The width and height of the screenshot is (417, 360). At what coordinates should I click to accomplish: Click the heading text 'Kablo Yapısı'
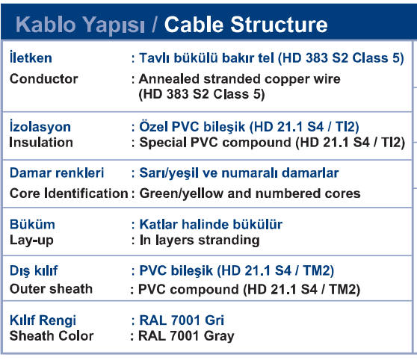pos(80,25)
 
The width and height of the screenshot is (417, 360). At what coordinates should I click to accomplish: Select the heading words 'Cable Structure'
pos(246,24)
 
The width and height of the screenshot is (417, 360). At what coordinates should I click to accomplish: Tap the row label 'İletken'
pos(31,57)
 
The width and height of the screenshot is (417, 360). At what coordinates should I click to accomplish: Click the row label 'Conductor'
pos(43,78)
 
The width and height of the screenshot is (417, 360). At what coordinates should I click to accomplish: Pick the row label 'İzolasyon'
pos(40,125)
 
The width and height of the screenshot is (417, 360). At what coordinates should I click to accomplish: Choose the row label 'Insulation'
pos(41,142)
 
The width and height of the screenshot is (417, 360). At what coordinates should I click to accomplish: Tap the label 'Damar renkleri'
pos(57,173)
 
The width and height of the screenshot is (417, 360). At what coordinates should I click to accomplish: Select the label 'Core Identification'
pos(69,193)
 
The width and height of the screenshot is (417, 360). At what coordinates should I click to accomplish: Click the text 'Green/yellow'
pos(181,193)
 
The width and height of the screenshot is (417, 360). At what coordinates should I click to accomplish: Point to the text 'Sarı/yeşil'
pos(169,173)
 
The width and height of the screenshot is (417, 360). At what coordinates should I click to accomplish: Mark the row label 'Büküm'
pos(32,224)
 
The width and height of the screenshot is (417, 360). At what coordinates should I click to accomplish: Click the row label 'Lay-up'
pos(31,240)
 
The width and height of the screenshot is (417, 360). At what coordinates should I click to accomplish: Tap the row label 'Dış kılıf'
pos(34,271)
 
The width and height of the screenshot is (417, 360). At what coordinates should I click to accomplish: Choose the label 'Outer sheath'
pos(51,289)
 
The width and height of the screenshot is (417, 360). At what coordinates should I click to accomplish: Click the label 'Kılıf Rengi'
pos(43,320)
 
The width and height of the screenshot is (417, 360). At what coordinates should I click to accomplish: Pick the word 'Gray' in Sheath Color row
pos(219,336)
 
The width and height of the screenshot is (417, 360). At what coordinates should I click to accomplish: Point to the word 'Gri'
pos(214,320)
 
